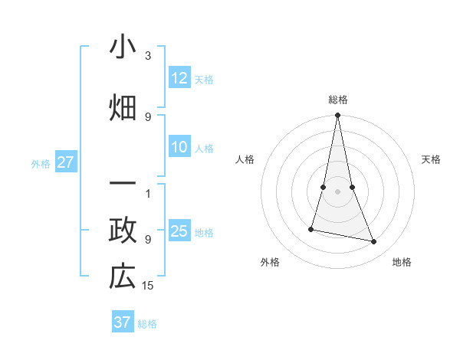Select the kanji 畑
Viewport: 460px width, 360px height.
tap(122, 106)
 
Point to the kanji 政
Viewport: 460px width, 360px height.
tap(122, 231)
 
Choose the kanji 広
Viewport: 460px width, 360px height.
tap(122, 277)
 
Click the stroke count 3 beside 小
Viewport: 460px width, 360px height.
tap(148, 57)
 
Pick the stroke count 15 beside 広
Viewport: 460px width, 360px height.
tap(148, 286)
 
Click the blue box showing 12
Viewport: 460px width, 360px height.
tap(179, 77)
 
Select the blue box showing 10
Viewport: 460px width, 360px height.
tap(179, 147)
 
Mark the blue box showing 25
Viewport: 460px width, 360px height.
tap(179, 231)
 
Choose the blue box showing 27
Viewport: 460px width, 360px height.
tap(65, 162)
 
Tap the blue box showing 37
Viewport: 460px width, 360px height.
tap(122, 322)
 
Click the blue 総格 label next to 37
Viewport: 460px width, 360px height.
tap(147, 324)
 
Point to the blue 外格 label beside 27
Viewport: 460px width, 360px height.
tap(41, 164)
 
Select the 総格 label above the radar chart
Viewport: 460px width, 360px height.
tap(338, 100)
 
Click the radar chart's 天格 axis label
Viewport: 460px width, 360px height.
tap(432, 159)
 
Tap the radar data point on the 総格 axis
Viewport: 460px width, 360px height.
tap(337, 116)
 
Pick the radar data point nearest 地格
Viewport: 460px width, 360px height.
tap(374, 242)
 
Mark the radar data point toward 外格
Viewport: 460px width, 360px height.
tap(311, 229)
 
